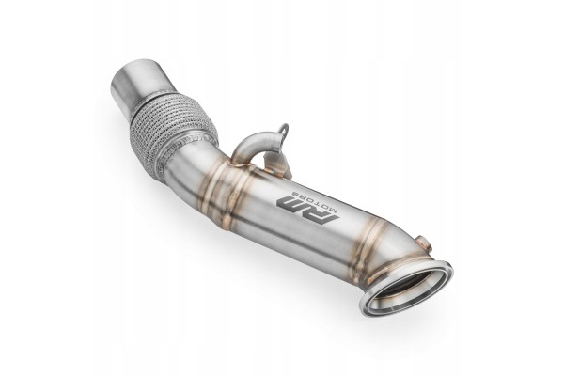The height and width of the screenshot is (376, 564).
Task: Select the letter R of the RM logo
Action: [x=321, y=214]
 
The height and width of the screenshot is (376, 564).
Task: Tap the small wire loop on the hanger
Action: [x=283, y=130]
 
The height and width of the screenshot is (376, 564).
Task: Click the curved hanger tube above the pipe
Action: [x=256, y=143]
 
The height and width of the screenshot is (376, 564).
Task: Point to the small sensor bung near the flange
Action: [x=423, y=242]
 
